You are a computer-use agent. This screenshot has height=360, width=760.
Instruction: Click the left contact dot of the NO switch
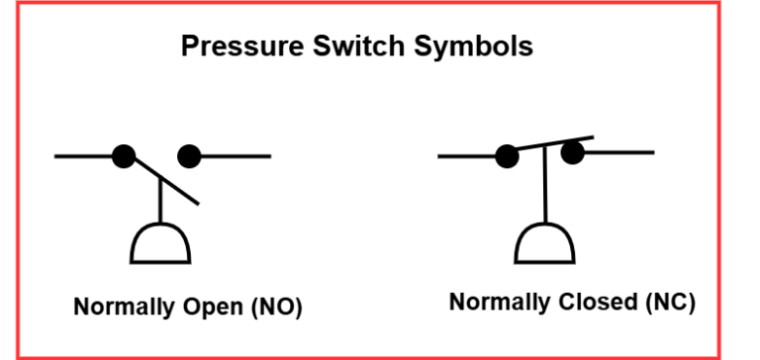(123, 156)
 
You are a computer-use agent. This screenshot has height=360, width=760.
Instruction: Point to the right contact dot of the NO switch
(189, 156)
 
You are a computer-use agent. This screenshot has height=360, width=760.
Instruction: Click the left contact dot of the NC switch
(507, 156)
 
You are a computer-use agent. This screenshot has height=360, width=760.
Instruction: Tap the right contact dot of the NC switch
(572, 152)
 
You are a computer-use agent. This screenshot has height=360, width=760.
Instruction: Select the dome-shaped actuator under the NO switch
(160, 243)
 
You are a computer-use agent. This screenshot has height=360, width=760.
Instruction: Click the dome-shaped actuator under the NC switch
(544, 244)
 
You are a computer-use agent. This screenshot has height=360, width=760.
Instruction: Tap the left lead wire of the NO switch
(84, 156)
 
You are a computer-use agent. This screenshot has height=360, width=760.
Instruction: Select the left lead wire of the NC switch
(466, 155)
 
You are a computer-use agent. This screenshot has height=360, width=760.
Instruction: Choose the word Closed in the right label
(585, 302)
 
